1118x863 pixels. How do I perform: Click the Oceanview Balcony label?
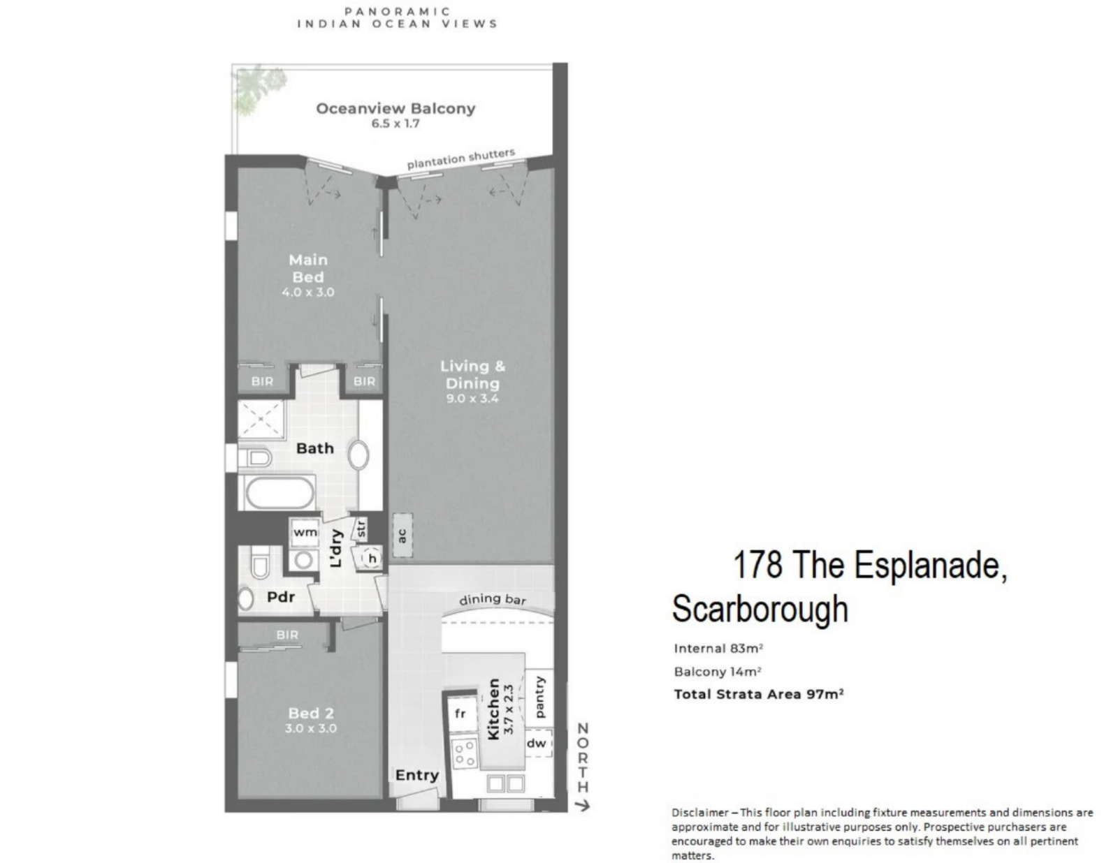click(x=395, y=108)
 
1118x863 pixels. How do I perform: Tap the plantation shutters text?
click(x=461, y=158)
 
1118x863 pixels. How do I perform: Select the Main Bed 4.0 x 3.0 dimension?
click(x=308, y=293)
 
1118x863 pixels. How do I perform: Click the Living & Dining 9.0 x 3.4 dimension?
click(x=472, y=399)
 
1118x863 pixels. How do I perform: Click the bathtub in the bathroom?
click(x=279, y=492)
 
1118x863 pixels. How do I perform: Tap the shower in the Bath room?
click(x=261, y=419)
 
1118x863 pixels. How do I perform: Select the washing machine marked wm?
click(x=305, y=533)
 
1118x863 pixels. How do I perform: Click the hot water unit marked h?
click(x=372, y=558)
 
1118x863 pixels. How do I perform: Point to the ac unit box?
click(x=403, y=535)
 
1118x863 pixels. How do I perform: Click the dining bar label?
click(x=493, y=599)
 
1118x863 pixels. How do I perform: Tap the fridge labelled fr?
click(x=460, y=713)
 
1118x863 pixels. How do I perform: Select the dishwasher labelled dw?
click(x=537, y=743)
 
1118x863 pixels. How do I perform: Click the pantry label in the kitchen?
click(x=539, y=697)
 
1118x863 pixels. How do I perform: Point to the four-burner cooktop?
click(x=465, y=753)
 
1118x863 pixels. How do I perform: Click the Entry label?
click(x=416, y=775)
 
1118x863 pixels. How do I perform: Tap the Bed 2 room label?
click(x=311, y=713)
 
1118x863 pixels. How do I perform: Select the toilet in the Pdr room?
click(x=260, y=562)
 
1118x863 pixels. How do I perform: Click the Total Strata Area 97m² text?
click(x=759, y=695)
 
